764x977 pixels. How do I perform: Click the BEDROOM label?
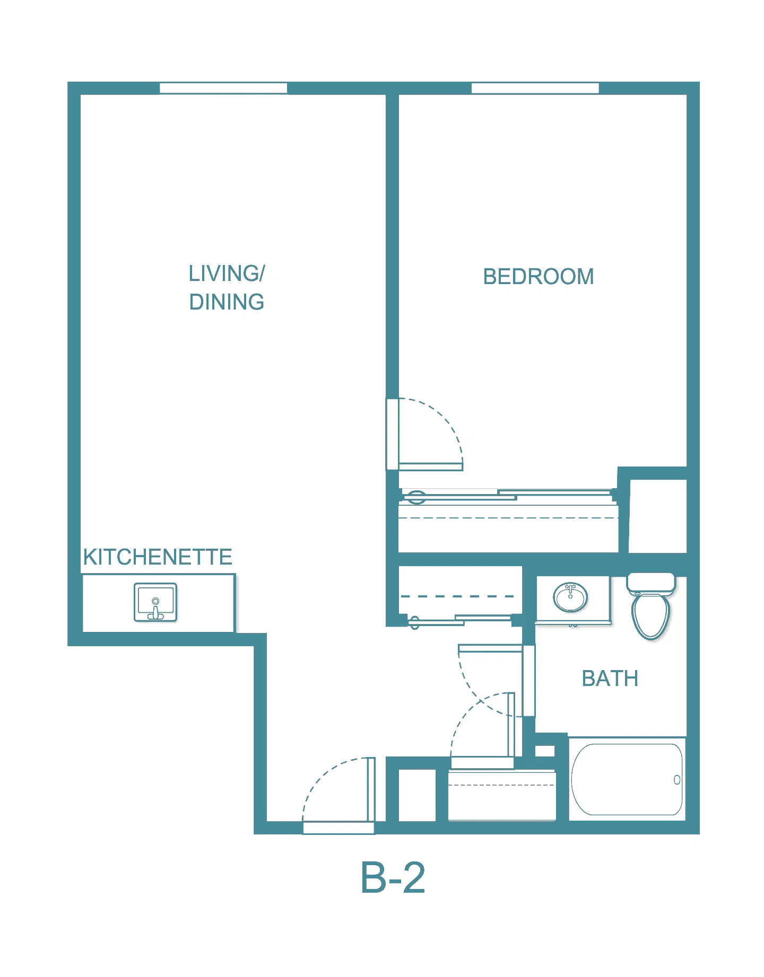(x=538, y=277)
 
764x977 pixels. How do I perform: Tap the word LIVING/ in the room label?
(x=227, y=274)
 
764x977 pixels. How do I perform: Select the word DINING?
(x=227, y=302)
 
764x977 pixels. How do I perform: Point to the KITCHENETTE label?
(x=158, y=557)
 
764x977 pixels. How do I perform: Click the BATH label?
(x=610, y=679)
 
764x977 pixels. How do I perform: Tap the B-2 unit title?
(x=393, y=878)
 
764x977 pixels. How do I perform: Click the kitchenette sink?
(x=155, y=602)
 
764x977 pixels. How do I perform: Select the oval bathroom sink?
(x=570, y=597)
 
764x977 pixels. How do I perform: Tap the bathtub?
(x=627, y=779)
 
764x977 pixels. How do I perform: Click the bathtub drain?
(x=677, y=780)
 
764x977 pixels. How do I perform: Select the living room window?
(x=223, y=88)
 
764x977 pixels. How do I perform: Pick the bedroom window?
(x=535, y=88)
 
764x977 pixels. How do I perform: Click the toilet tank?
(x=651, y=583)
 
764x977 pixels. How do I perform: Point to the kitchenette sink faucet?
(x=155, y=610)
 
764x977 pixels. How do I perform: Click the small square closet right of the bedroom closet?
(x=658, y=516)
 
